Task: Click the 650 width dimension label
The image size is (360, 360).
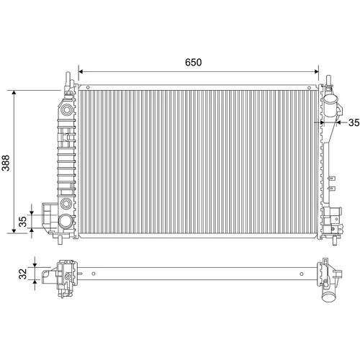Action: coord(193,63)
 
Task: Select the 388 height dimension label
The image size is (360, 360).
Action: coord(6,163)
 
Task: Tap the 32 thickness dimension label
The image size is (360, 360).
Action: coord(23,274)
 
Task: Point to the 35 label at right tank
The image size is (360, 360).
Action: coord(354,122)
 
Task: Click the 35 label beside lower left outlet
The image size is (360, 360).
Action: coord(23,222)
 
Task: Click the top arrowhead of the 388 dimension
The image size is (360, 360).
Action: coord(14,93)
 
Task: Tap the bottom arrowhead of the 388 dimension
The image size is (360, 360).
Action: coord(14,230)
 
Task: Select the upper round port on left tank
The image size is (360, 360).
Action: coord(66,109)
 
